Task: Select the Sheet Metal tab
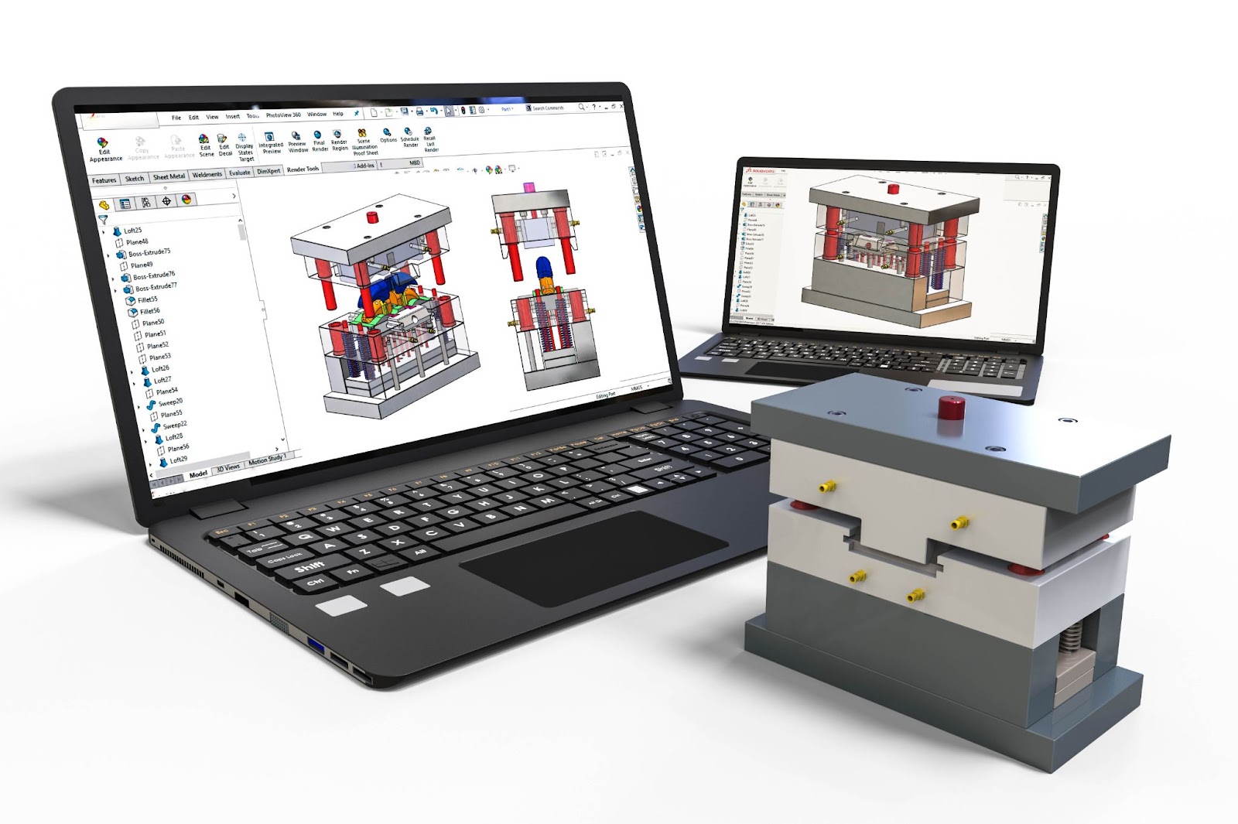coord(169,176)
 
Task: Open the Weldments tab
coord(207,175)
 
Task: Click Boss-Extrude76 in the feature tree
coord(153,275)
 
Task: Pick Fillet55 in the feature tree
coord(147,299)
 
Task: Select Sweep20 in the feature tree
coord(169,402)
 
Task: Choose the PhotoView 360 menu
coord(283,115)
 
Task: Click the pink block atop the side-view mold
coord(530,187)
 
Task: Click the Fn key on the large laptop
coord(353,572)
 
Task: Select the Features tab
coord(104,180)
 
